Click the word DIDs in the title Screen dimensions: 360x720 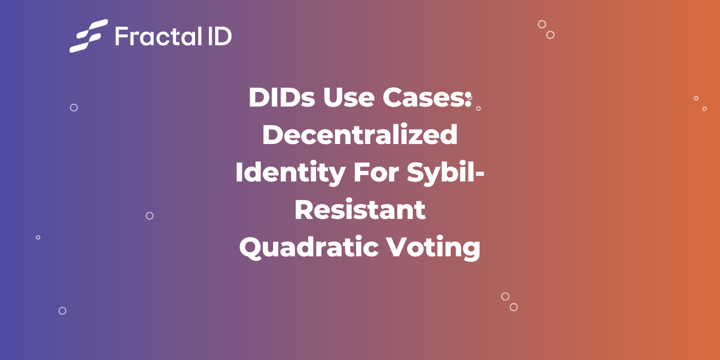click(281, 98)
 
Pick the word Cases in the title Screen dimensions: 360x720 click(423, 98)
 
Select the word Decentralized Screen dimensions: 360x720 click(360, 135)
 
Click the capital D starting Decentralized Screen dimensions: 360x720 click(273, 135)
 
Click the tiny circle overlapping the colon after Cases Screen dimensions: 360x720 click(470, 98)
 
